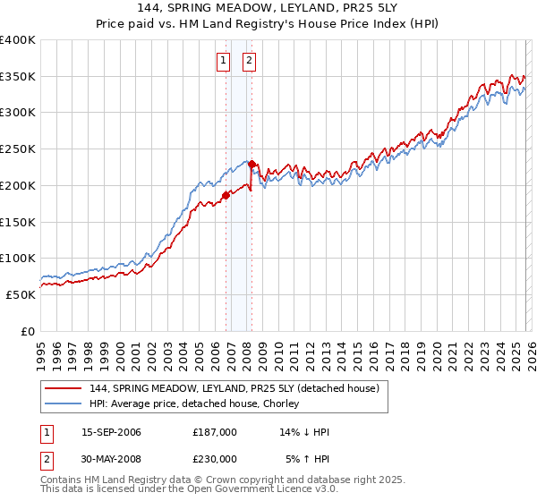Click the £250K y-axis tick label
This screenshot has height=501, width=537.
tap(17, 149)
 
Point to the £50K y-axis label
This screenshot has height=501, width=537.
tap(20, 294)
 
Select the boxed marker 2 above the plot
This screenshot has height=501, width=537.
tap(248, 61)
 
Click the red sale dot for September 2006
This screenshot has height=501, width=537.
tap(226, 195)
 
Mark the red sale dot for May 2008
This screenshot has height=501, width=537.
tap(252, 164)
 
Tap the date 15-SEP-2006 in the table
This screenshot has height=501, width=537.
tap(111, 432)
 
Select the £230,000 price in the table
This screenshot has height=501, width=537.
tap(215, 459)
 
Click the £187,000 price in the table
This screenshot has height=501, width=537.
tap(215, 432)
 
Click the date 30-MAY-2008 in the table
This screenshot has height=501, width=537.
tap(111, 459)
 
